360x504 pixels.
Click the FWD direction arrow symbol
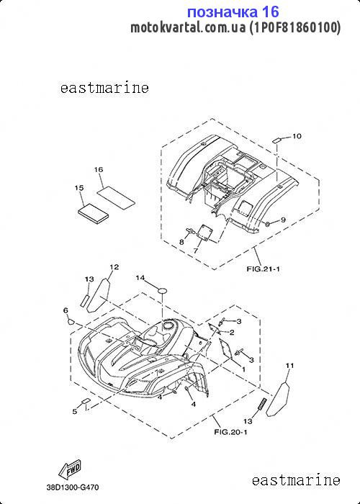click(70, 469)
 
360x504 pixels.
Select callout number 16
click(99, 169)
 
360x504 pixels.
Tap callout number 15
click(79, 187)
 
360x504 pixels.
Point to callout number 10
click(297, 136)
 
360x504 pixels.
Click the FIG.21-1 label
click(264, 269)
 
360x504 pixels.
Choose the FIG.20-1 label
click(231, 432)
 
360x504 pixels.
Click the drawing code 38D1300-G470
click(72, 487)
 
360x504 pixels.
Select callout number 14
click(140, 277)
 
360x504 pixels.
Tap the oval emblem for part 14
click(162, 290)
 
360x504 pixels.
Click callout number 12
click(114, 267)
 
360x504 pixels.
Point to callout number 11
click(289, 366)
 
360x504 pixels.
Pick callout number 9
click(283, 220)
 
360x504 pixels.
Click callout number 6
click(66, 310)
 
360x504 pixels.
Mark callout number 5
click(75, 411)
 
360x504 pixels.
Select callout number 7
click(196, 251)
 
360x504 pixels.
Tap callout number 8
click(181, 242)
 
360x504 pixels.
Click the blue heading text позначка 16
click(233, 12)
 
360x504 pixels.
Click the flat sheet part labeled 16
click(116, 197)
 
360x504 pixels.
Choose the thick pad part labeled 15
click(93, 213)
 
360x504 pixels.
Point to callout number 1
click(243, 369)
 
